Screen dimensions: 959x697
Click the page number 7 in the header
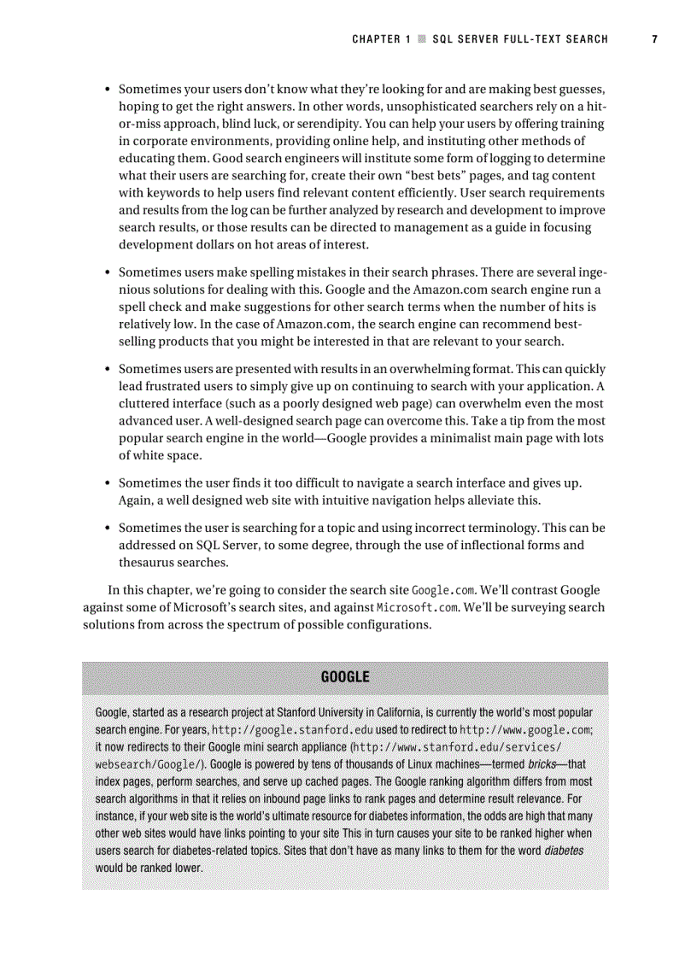[654, 39]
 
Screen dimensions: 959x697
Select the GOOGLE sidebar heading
[345, 677]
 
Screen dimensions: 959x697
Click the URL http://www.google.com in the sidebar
[525, 730]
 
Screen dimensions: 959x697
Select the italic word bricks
[542, 764]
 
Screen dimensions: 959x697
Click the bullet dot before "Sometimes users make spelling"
[107, 273]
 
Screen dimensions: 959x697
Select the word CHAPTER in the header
[376, 39]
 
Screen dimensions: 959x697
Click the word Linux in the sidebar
[452, 764]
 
